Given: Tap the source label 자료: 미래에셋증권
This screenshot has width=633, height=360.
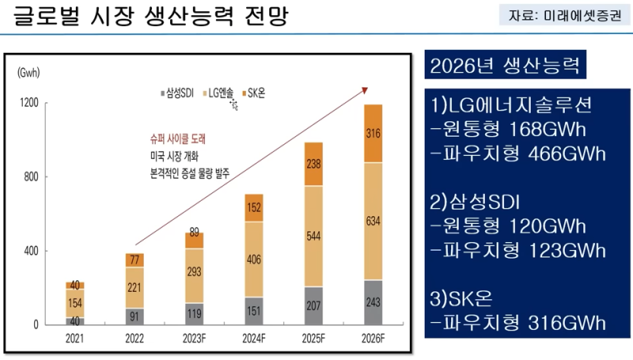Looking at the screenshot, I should [x=563, y=16].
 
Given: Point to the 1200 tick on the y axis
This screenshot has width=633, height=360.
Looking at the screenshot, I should [x=29, y=104].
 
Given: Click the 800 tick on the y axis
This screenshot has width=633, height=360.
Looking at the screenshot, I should [x=31, y=177].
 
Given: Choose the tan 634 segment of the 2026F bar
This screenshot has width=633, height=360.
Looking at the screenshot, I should [x=373, y=221].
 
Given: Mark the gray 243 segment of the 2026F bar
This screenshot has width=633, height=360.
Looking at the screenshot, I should [x=373, y=302].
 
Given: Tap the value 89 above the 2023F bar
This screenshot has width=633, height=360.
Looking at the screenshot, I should [x=195, y=232].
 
